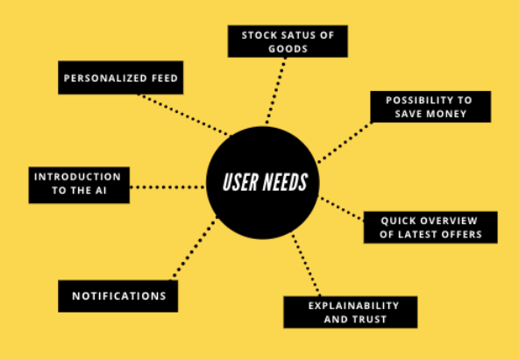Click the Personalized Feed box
click(x=120, y=78)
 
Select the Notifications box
click(x=117, y=296)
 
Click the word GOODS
click(x=288, y=49)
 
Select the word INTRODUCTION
click(x=77, y=177)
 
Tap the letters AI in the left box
click(x=101, y=191)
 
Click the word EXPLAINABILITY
click(x=353, y=306)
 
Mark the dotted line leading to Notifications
click(x=194, y=249)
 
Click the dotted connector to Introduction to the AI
click(x=167, y=187)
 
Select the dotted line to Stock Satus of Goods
click(x=275, y=90)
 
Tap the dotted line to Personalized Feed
click(x=184, y=115)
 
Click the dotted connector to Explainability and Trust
click(x=306, y=265)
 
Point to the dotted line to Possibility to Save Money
click(x=345, y=143)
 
